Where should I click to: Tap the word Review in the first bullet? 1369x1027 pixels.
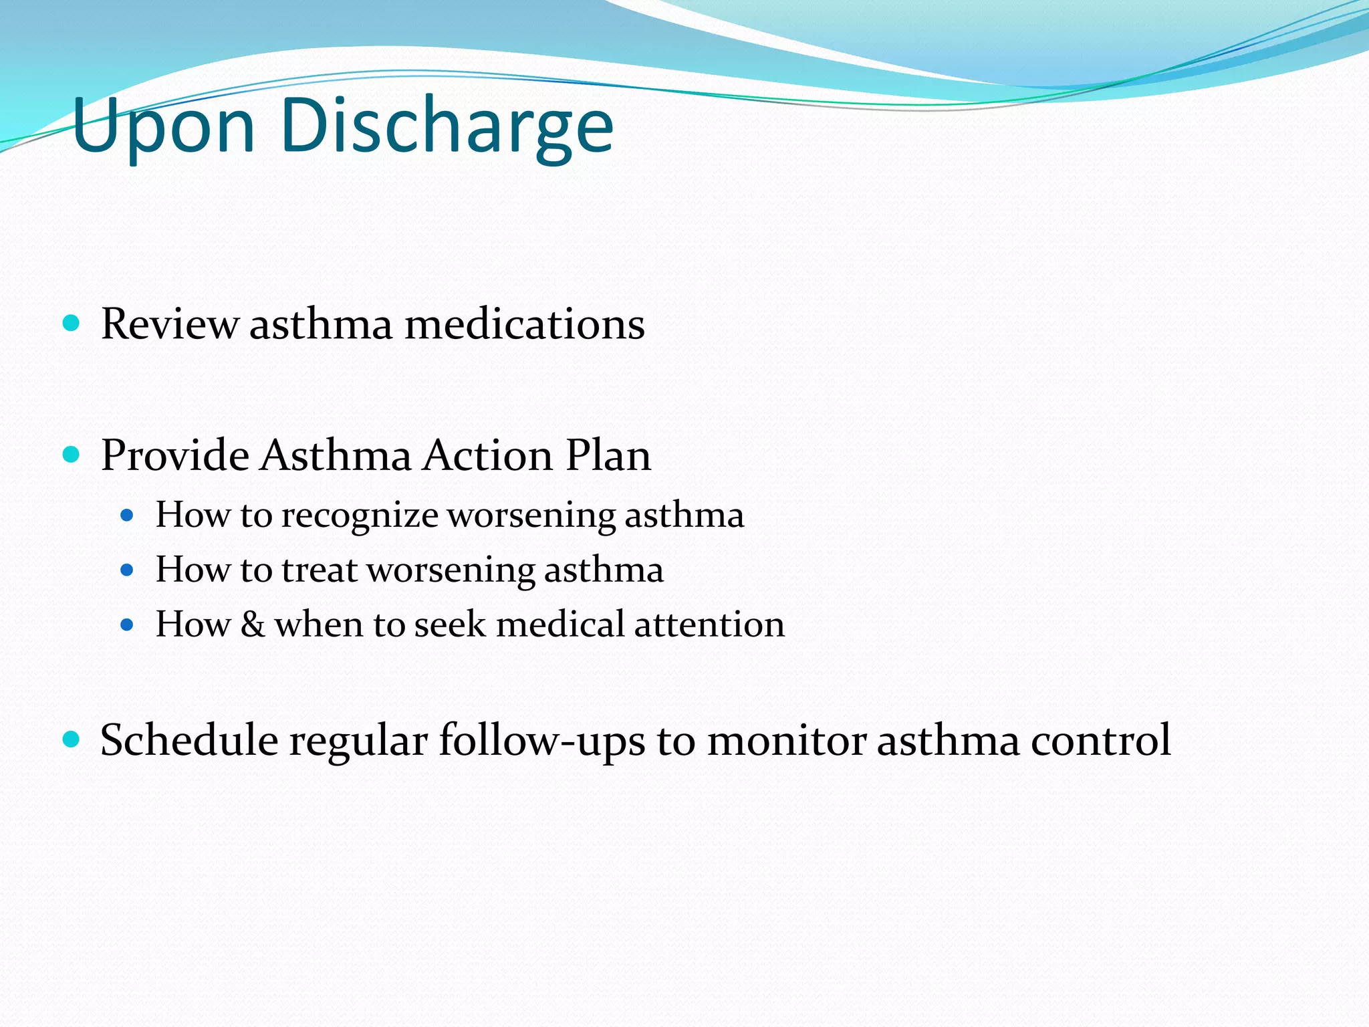click(169, 324)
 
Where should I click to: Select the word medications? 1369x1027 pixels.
click(525, 324)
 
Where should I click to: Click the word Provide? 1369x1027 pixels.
click(175, 456)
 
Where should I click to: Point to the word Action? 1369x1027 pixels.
click(488, 456)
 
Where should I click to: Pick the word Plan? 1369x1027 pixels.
click(608, 456)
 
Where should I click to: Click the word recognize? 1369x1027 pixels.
click(359, 516)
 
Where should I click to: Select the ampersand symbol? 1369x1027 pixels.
click(253, 624)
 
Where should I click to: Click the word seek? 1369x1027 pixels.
click(450, 624)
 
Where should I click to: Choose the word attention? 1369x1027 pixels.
click(709, 624)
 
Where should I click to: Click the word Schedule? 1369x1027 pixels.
click(189, 741)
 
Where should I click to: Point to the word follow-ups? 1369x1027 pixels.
click(542, 741)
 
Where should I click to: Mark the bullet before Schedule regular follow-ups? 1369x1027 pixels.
click(71, 739)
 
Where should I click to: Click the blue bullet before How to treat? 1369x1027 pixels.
click(127, 570)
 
